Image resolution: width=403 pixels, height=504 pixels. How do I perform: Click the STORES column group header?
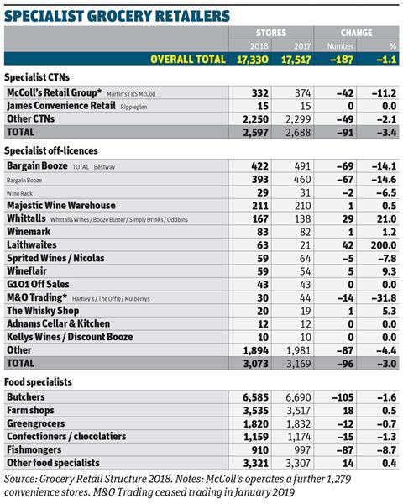271,33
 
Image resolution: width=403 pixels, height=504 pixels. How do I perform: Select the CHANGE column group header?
356,33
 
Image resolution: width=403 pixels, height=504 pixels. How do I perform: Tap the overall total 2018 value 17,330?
253,60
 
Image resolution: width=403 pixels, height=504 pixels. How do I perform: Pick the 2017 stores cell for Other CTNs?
298,119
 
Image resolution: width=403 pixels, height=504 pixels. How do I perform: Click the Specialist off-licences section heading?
51,150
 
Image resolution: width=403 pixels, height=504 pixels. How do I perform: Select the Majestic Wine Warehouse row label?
61,206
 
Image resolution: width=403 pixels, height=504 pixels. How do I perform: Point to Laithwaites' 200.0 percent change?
384,245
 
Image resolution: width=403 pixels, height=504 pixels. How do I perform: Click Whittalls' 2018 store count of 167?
260,219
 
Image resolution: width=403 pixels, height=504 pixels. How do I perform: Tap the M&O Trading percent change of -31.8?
384,298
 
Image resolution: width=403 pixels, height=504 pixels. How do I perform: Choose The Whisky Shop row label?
43,311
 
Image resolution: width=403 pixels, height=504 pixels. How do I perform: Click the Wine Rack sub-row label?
19,193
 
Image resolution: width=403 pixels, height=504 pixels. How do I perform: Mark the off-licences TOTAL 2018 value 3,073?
255,364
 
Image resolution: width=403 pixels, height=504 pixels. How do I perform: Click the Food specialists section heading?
39,382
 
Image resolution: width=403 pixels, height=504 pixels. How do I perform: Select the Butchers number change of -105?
343,397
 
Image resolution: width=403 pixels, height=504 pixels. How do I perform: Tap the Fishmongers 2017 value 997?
302,450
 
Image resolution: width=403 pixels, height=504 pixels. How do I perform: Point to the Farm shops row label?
30,411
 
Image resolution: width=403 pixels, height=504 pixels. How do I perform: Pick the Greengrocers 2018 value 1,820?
256,424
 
